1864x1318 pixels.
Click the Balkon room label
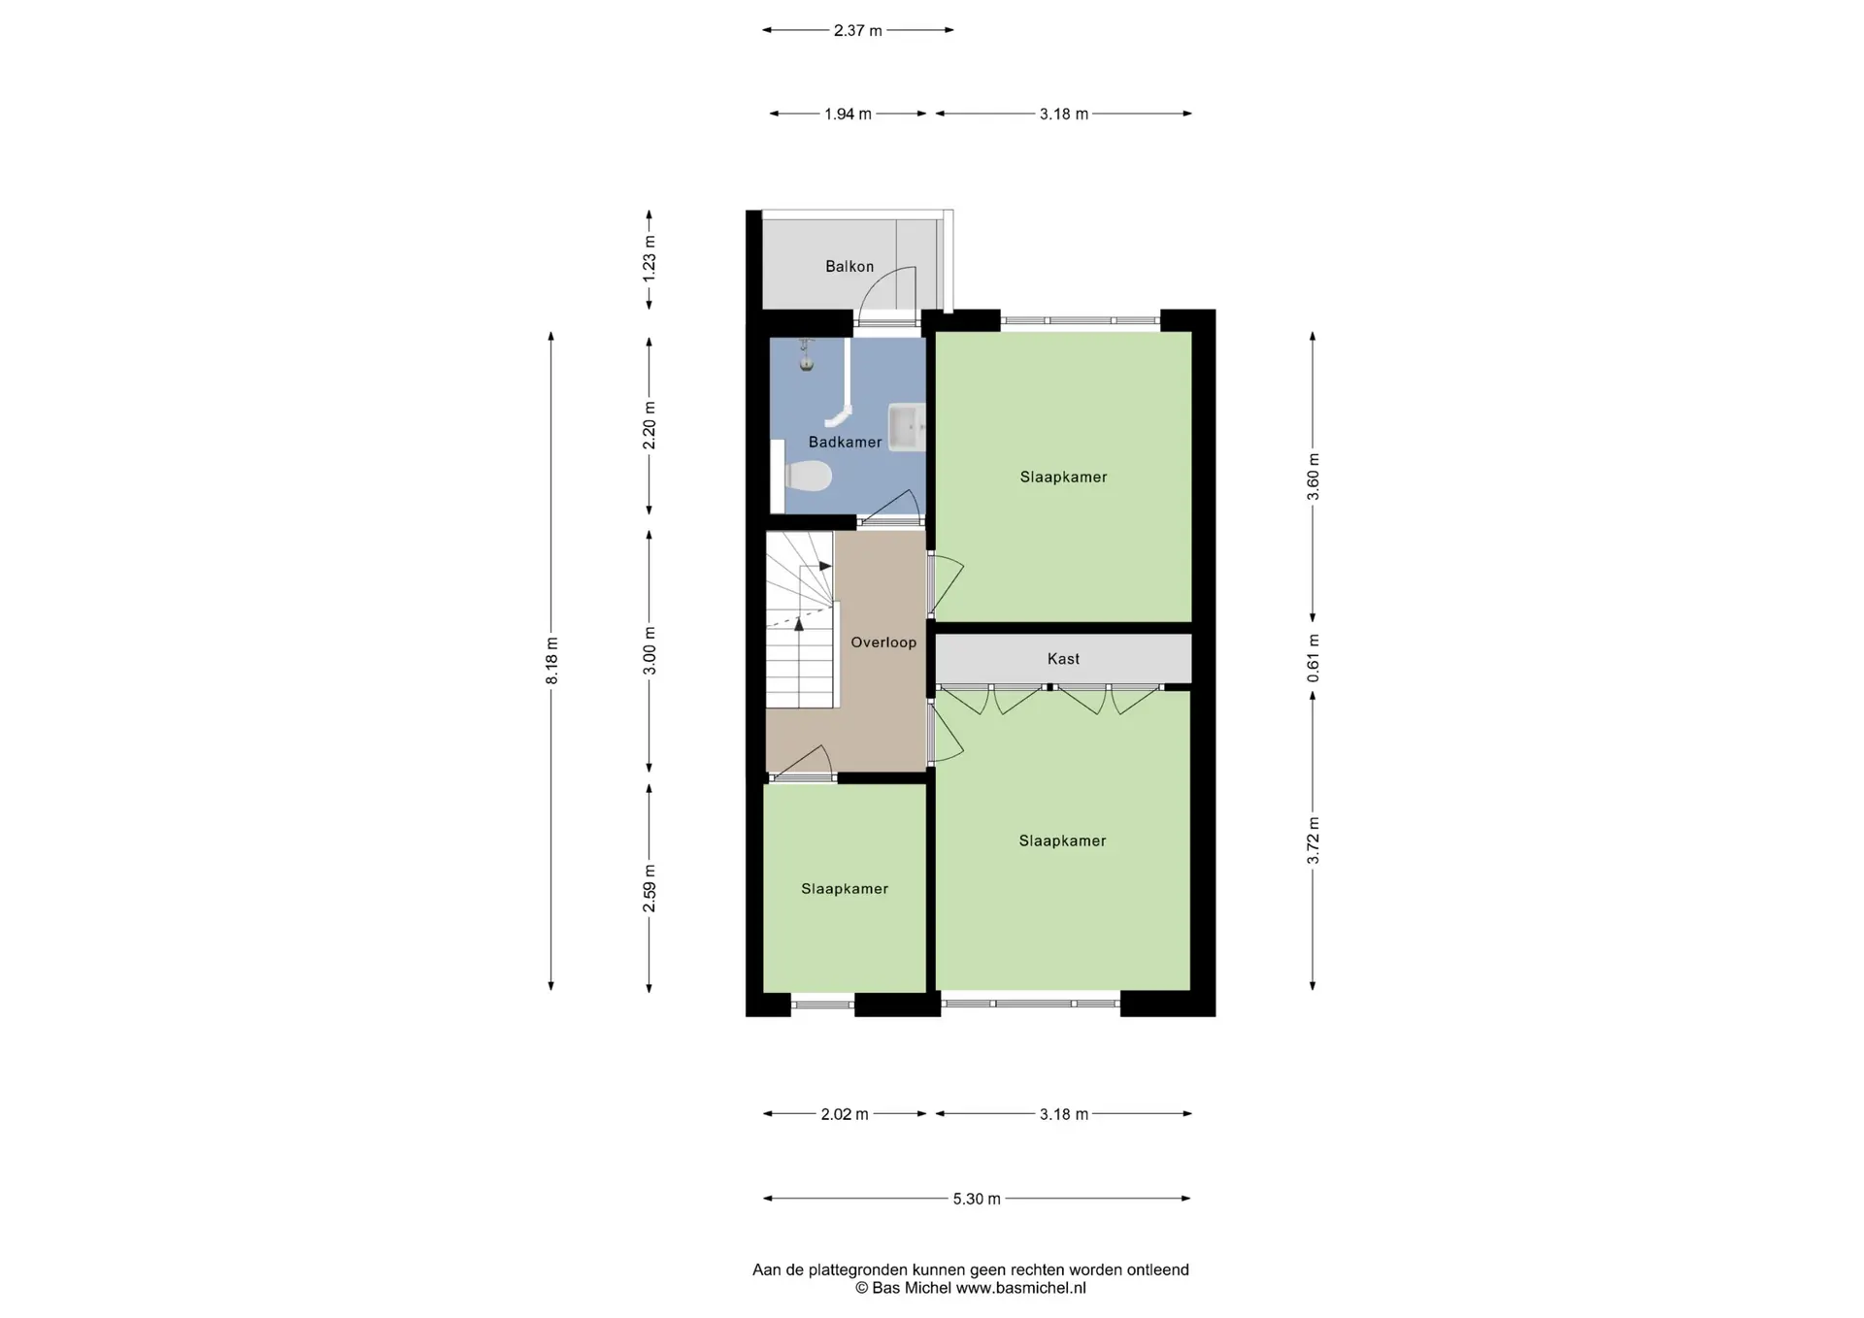point(849,266)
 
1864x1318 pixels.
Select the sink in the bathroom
point(907,427)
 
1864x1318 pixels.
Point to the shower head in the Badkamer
point(805,356)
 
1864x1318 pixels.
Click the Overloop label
point(883,643)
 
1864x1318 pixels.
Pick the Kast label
point(1063,659)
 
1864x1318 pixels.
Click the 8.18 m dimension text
point(551,661)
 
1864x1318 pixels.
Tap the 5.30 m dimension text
point(977,1199)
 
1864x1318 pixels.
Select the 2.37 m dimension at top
point(858,30)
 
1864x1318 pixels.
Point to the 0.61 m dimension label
point(1313,658)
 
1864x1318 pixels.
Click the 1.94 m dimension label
point(849,114)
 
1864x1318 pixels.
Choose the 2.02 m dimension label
point(845,1114)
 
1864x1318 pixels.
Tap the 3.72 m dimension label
point(1313,840)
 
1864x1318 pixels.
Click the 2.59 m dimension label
point(649,888)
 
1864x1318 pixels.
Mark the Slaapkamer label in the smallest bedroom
point(845,889)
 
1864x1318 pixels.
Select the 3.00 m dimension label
point(649,650)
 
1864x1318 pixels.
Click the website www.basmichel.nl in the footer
point(1021,1289)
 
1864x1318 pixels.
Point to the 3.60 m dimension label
point(1313,477)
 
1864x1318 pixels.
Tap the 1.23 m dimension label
point(649,260)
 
